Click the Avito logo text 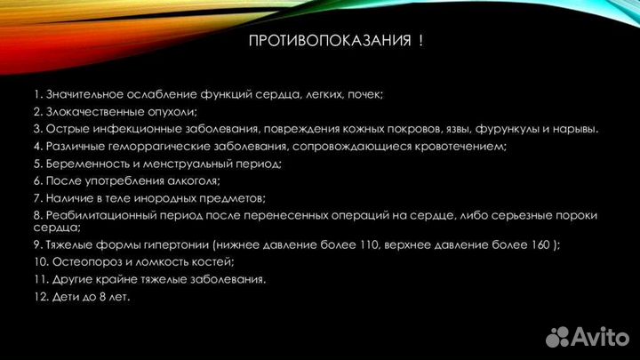(603, 336)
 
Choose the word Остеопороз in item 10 (81, 261)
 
